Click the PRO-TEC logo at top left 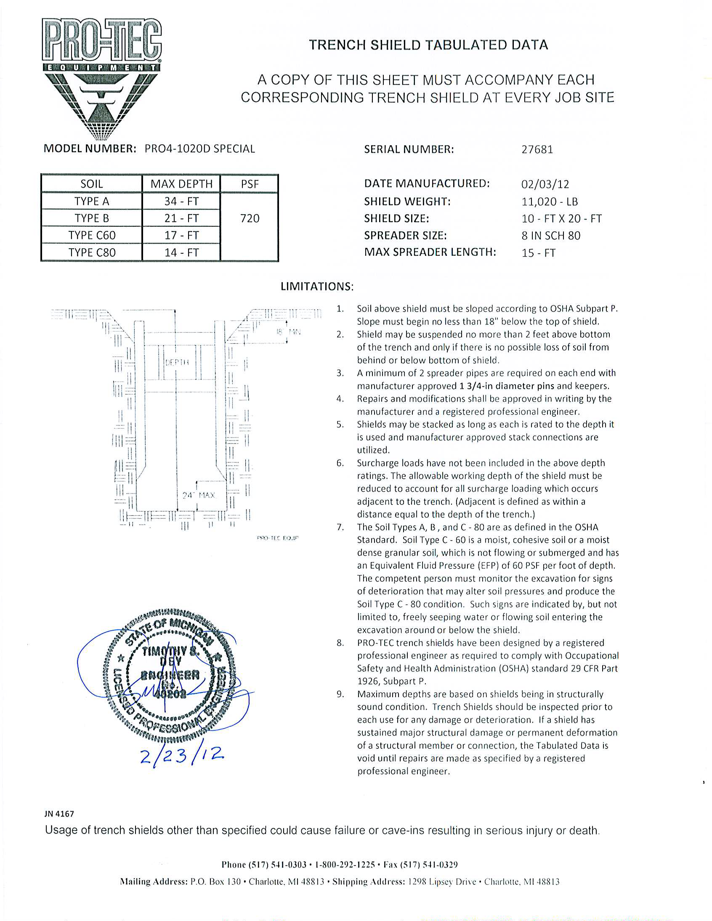(101, 78)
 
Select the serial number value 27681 (537, 150)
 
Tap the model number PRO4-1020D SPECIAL (199, 149)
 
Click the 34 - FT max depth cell (181, 202)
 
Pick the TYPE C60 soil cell (92, 235)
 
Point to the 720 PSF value (250, 218)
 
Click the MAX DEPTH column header (181, 184)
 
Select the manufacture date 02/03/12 (545, 184)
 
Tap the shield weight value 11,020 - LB (549, 202)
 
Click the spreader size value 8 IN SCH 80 (551, 236)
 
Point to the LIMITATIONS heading (317, 287)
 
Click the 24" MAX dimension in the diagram (199, 495)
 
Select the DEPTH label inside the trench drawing (177, 362)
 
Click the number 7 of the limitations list (340, 527)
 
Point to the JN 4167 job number (59, 814)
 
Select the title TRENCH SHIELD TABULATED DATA (428, 45)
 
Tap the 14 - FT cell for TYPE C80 (181, 252)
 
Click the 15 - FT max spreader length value (538, 253)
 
